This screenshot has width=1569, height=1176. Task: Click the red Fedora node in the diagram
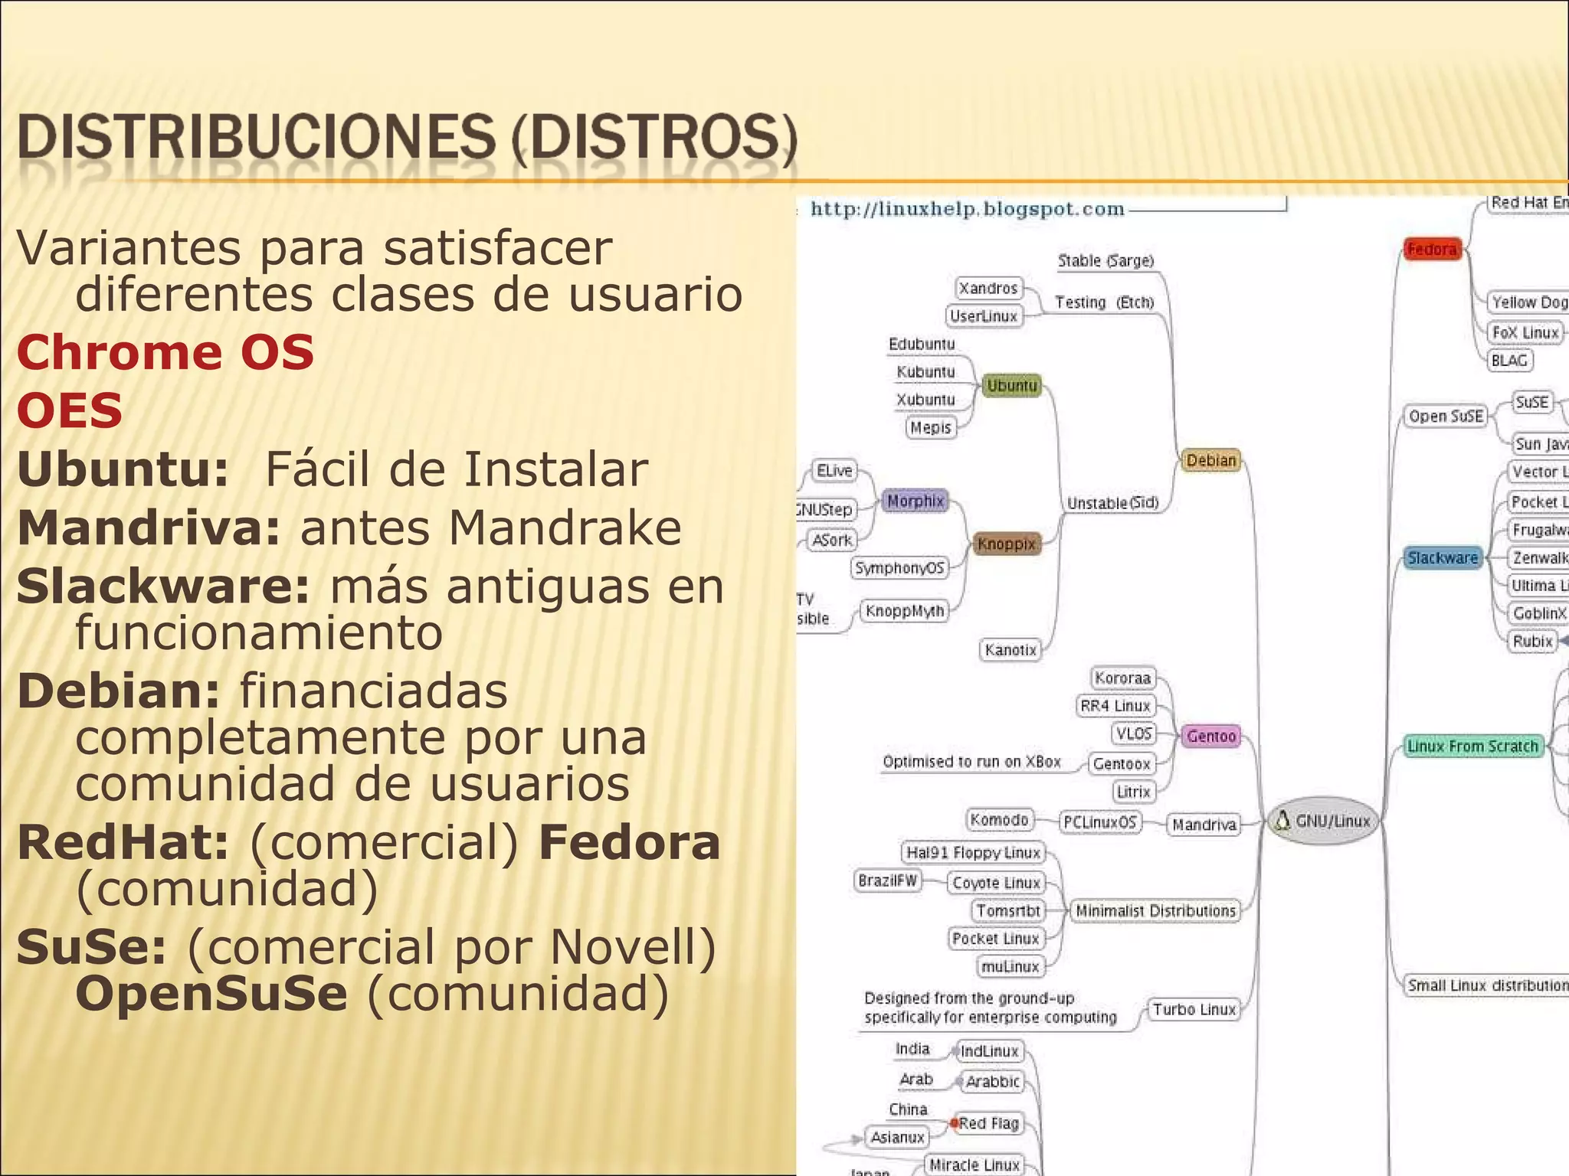(x=1431, y=249)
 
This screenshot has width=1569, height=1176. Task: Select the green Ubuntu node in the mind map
(x=1011, y=385)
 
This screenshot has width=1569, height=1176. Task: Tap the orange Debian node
(x=1210, y=460)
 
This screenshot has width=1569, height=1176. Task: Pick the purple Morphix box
(x=915, y=501)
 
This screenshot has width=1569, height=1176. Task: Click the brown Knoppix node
(x=1006, y=544)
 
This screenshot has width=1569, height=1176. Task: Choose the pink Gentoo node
(x=1210, y=736)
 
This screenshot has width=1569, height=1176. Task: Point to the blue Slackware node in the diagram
(x=1442, y=557)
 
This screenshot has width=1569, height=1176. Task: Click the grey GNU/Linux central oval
(x=1324, y=822)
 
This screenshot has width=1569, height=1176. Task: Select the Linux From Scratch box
(x=1472, y=746)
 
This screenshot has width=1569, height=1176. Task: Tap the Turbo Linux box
(x=1194, y=1009)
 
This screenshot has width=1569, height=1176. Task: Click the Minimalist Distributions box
(x=1155, y=910)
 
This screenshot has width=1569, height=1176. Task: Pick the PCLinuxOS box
(x=1099, y=822)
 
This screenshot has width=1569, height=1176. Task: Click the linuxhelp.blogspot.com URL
(x=967, y=209)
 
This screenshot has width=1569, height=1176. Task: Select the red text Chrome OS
(x=165, y=352)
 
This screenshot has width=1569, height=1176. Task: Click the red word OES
(x=70, y=410)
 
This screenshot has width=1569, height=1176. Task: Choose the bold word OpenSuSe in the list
(x=211, y=994)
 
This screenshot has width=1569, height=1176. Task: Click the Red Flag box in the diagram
(x=988, y=1123)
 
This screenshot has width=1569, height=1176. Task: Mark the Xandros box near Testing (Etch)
(x=988, y=288)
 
